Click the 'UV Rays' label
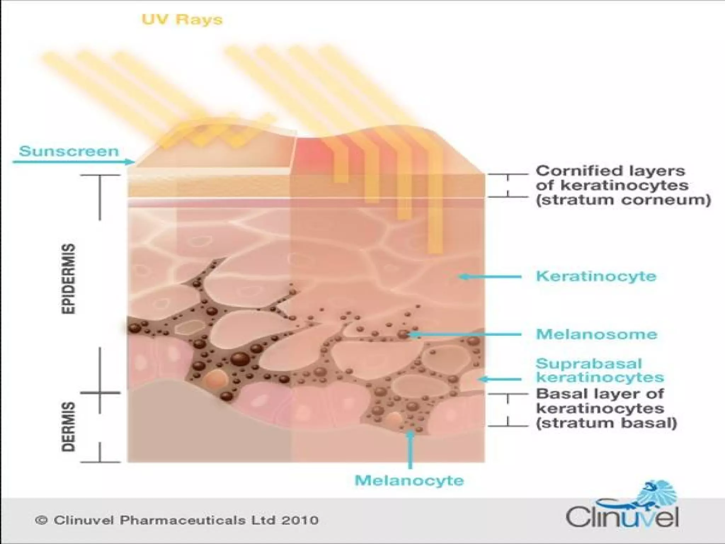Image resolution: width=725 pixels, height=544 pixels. point(182,19)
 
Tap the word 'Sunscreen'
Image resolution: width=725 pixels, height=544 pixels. point(69,151)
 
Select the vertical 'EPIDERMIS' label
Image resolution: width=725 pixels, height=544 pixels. point(69,278)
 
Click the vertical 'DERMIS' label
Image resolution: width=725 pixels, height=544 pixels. point(69,426)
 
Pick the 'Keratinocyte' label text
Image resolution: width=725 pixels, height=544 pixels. point(596,276)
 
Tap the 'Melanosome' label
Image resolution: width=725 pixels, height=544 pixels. point(596,334)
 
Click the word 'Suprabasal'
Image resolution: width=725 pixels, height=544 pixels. point(588,364)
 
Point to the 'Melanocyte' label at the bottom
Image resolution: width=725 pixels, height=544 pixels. point(409,481)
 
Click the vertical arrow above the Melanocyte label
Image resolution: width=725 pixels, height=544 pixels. point(410,450)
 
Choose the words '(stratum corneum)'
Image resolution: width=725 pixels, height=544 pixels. point(623,200)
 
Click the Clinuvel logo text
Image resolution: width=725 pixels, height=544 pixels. point(622,518)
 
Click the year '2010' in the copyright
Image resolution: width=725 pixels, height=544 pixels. point(300,520)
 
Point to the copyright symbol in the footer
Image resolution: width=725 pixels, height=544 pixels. point(41,520)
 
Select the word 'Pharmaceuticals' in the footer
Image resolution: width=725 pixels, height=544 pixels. point(183,520)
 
